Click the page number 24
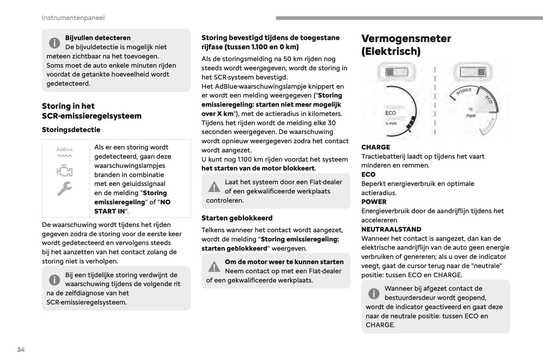pyautogui.click(x=21, y=350)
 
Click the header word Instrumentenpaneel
pyautogui.click(x=73, y=18)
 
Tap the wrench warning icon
pyautogui.click(x=64, y=189)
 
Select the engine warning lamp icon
pyautogui.click(x=65, y=171)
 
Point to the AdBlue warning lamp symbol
pyautogui.click(x=65, y=152)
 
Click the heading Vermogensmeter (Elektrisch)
pyautogui.click(x=406, y=45)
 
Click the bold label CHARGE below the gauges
pyautogui.click(x=375, y=147)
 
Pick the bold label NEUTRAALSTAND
pyautogui.click(x=391, y=229)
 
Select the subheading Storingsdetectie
pyautogui.click(x=71, y=130)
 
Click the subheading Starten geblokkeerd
pyautogui.click(x=237, y=218)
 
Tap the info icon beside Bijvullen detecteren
pyautogui.click(x=55, y=43)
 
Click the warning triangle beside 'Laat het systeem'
pyautogui.click(x=214, y=187)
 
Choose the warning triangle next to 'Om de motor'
pyautogui.click(x=214, y=267)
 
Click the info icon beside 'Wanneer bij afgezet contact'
pyautogui.click(x=374, y=293)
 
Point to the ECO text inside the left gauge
pyautogui.click(x=390, y=113)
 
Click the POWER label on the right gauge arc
pyautogui.click(x=464, y=91)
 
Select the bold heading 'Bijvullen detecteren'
pyautogui.click(x=98, y=38)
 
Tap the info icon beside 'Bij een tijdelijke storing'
pyautogui.click(x=55, y=280)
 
